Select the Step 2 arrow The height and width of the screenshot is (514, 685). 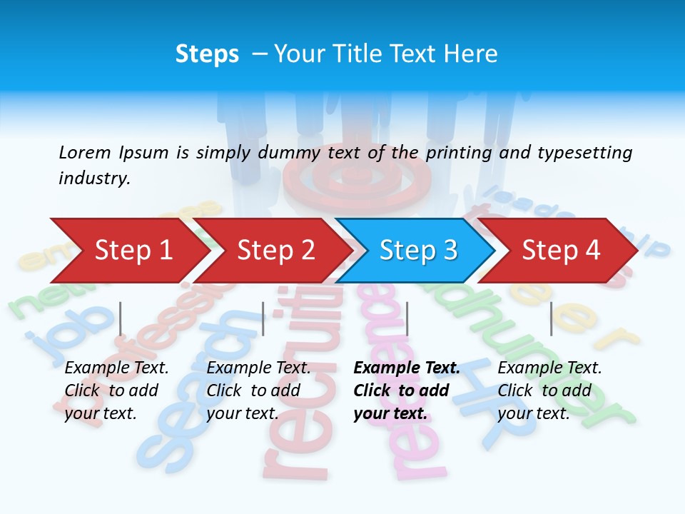click(x=275, y=251)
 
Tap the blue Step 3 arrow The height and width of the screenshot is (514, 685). click(x=417, y=251)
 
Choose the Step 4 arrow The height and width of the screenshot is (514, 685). click(x=560, y=251)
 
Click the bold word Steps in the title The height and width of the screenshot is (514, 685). click(x=207, y=54)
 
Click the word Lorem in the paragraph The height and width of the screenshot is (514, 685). click(x=85, y=152)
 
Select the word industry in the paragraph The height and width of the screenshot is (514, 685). click(x=94, y=178)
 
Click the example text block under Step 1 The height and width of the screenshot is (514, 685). click(x=116, y=390)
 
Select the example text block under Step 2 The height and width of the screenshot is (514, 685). click(x=258, y=390)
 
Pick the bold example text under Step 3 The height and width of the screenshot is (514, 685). click(x=407, y=390)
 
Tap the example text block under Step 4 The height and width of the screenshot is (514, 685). click(x=549, y=390)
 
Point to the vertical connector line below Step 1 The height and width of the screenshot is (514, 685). click(x=121, y=318)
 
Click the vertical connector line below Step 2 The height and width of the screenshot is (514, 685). click(x=263, y=318)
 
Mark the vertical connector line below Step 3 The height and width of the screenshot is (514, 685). click(x=407, y=318)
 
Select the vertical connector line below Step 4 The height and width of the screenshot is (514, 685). click(x=551, y=318)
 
